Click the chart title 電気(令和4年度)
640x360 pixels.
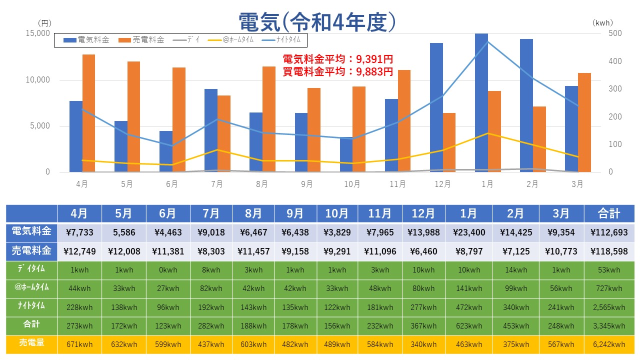[318, 22]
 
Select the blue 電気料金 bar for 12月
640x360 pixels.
[436, 107]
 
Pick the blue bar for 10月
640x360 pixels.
[346, 154]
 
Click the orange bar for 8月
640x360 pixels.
[269, 119]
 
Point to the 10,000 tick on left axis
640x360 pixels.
[38, 80]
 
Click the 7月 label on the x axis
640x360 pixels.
[217, 184]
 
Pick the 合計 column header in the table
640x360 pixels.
[608, 213]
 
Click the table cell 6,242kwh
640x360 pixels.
[608, 344]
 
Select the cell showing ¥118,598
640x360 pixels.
[608, 251]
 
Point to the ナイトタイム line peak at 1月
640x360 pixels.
[487, 41]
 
